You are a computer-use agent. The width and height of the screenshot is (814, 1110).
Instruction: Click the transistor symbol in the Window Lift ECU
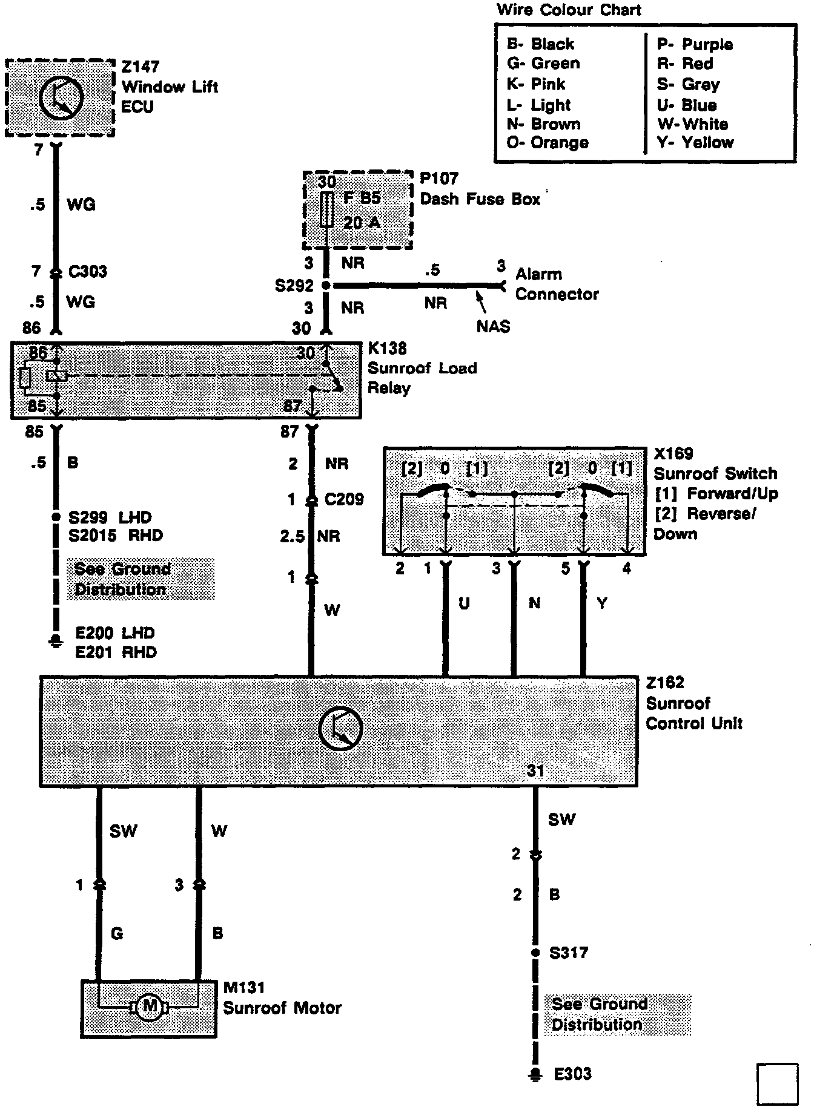point(61,99)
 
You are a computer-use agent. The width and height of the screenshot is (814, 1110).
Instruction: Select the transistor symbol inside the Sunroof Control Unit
point(340,729)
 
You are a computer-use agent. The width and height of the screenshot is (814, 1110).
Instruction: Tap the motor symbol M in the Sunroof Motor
point(149,1007)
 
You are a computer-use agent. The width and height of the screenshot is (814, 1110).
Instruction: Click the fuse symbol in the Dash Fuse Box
point(326,210)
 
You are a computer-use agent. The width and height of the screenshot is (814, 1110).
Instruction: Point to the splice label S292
point(294,285)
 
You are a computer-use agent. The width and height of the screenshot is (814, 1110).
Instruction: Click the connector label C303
point(87,271)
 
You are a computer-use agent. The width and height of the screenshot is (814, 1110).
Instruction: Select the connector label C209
point(343,499)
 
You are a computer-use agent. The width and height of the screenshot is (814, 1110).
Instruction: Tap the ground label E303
point(572,1074)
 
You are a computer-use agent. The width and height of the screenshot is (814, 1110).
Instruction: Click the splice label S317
point(568,953)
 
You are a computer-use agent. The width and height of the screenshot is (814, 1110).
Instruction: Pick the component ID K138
point(387,348)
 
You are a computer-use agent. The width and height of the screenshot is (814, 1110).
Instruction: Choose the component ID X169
point(673,454)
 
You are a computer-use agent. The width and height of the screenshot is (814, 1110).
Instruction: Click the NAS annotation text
point(493,327)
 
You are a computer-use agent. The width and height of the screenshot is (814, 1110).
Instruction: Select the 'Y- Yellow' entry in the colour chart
point(695,143)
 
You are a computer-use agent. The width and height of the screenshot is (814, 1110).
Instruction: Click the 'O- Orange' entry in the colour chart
point(548,143)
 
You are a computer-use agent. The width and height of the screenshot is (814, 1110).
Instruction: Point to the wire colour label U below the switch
point(464,603)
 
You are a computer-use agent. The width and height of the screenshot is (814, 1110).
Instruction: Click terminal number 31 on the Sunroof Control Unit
point(535,770)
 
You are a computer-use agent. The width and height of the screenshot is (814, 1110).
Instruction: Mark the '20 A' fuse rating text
point(362,223)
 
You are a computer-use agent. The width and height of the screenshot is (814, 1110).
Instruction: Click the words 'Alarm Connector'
point(557,284)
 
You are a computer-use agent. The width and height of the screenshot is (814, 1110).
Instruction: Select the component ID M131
point(244,988)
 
